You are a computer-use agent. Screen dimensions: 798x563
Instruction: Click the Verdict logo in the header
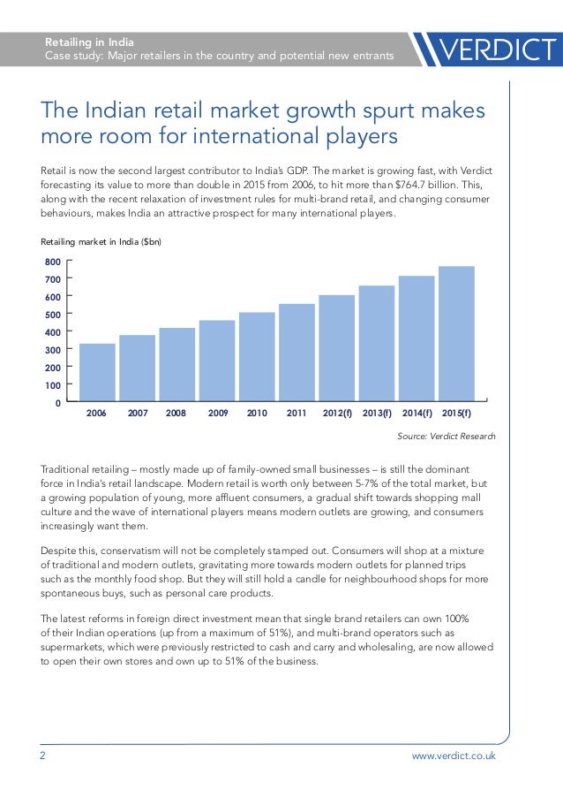[490, 49]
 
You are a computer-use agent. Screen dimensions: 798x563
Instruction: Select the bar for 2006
[97, 372]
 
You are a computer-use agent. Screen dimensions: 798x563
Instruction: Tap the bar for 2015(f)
[456, 333]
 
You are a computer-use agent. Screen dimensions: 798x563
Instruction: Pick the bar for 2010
[257, 356]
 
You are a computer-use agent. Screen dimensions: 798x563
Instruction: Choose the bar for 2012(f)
[336, 347]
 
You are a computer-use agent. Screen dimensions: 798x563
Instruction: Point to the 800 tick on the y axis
[53, 262]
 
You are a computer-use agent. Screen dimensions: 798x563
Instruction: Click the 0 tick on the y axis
[57, 403]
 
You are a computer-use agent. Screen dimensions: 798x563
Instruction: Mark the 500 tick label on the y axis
[53, 315]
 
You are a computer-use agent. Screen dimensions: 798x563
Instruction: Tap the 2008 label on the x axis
[176, 413]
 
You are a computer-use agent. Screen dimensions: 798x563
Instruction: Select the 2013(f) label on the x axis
[377, 413]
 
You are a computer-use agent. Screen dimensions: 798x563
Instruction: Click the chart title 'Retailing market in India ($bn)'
[101, 240]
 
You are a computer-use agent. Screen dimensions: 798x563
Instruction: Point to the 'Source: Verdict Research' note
[447, 437]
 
